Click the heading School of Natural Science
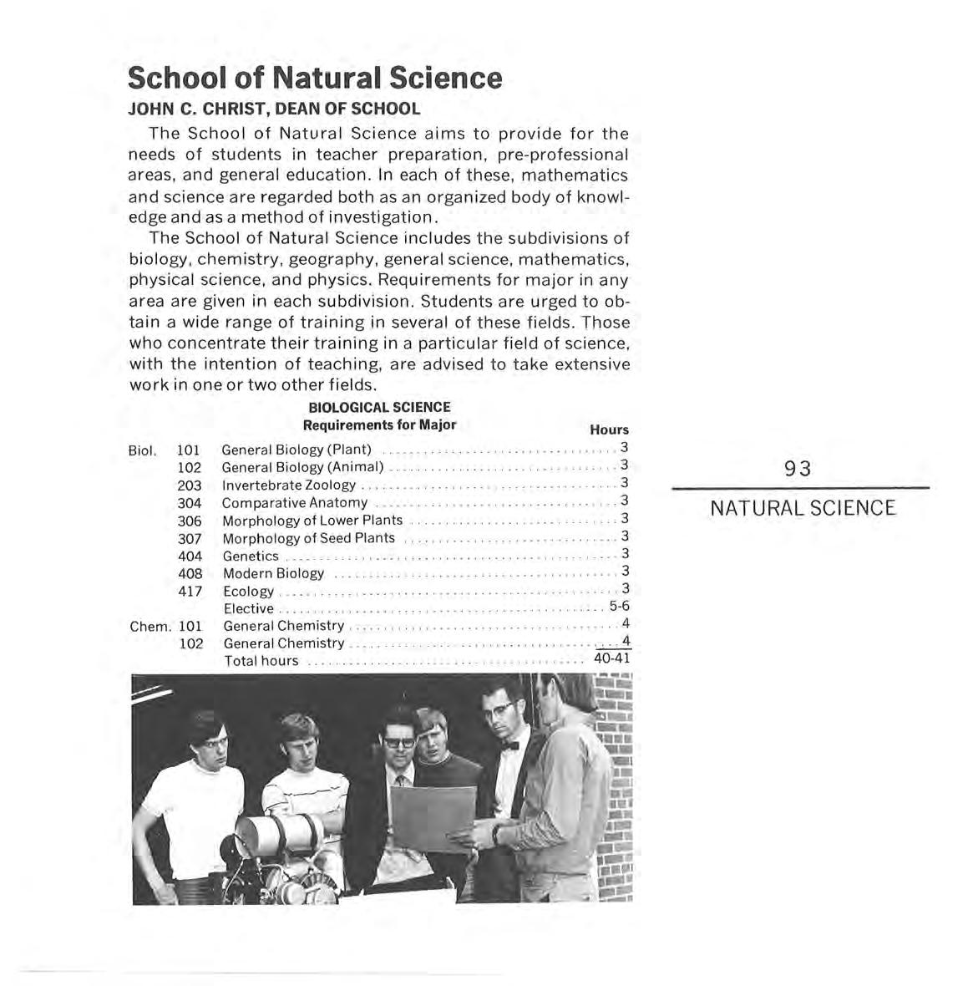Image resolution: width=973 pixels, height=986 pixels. pyautogui.click(x=315, y=78)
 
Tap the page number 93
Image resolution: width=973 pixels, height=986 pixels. pyautogui.click(x=798, y=469)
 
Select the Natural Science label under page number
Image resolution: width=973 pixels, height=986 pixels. pyautogui.click(x=803, y=508)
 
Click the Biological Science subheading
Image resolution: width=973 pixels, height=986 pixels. pyautogui.click(x=379, y=408)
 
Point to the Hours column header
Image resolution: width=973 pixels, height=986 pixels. pyautogui.click(x=609, y=429)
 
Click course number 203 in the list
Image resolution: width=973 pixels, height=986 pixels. pyautogui.click(x=190, y=485)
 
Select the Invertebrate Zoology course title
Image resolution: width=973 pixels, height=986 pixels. pyautogui.click(x=289, y=485)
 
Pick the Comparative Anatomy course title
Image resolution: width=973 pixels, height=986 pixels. pyautogui.click(x=295, y=503)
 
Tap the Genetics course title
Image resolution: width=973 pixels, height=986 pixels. pyautogui.click(x=251, y=557)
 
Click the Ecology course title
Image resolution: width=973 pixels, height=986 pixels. pyautogui.click(x=248, y=592)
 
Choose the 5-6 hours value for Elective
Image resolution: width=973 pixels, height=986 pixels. pyautogui.click(x=619, y=607)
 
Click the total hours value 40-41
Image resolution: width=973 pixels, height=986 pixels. pyautogui.click(x=611, y=659)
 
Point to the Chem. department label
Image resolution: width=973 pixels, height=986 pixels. pyautogui.click(x=150, y=626)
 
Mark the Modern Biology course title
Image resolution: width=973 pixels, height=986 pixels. pyautogui.click(x=273, y=574)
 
